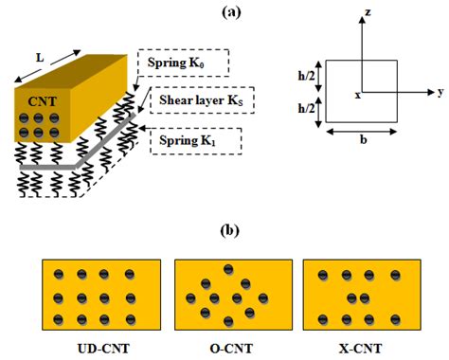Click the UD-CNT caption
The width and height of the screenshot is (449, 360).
click(x=98, y=349)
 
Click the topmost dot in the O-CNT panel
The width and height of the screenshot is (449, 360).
click(x=228, y=269)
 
